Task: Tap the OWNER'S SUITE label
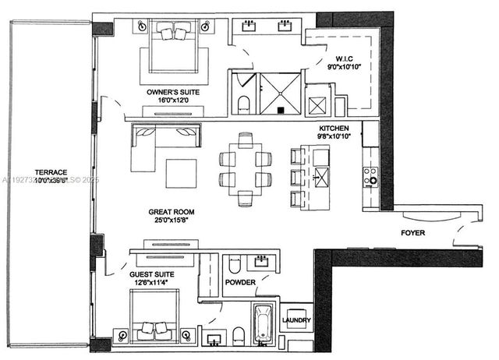173,92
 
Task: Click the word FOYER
412,232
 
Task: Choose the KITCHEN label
338,128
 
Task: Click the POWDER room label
240,283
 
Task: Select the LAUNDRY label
296,320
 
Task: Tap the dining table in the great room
246,169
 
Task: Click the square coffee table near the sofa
182,173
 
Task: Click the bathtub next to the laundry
261,323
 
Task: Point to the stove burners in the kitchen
371,175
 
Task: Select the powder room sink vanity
261,262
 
